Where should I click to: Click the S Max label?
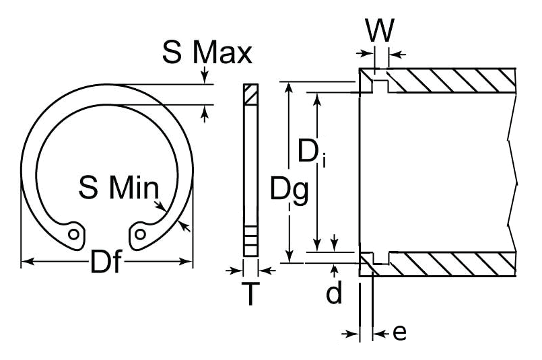207,52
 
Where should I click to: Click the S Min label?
118,188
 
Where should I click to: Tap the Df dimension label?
106,262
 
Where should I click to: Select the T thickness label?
250,294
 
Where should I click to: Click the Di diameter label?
310,153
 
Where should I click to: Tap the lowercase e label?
399,332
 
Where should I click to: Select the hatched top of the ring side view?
250,94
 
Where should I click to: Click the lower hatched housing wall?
451,264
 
